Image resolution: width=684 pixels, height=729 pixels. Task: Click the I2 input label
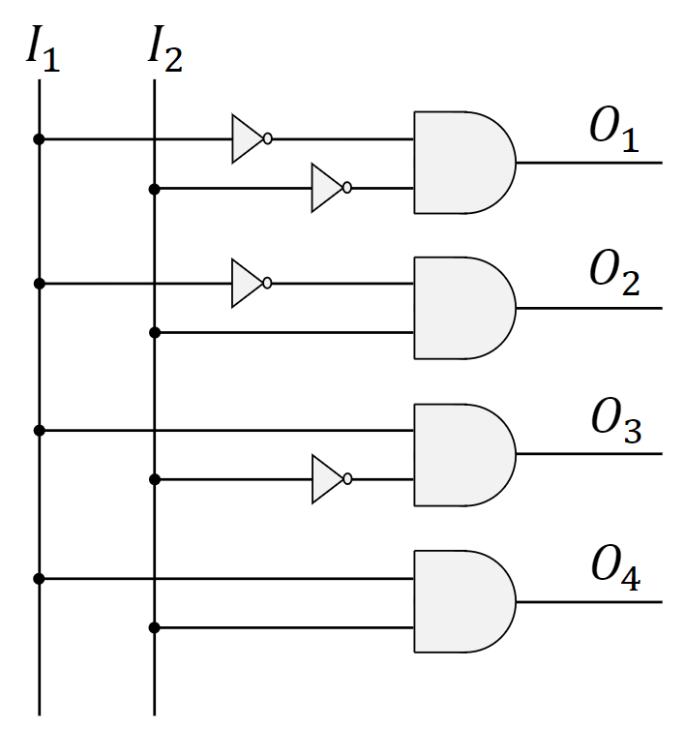click(x=164, y=49)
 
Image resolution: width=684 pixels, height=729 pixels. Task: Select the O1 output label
click(x=615, y=132)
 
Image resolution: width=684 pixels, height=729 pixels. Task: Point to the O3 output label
click(x=616, y=422)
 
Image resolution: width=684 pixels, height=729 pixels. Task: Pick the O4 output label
click(x=616, y=568)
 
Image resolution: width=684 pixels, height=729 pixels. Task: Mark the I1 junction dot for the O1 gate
click(x=39, y=139)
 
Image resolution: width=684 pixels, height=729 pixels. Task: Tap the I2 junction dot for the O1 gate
click(x=154, y=189)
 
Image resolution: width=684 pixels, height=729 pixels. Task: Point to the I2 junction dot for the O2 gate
click(x=154, y=333)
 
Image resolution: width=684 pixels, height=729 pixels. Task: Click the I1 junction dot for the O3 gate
click(x=39, y=430)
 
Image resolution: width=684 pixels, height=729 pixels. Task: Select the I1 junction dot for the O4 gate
click(x=39, y=579)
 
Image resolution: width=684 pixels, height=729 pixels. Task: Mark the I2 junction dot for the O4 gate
click(x=154, y=628)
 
